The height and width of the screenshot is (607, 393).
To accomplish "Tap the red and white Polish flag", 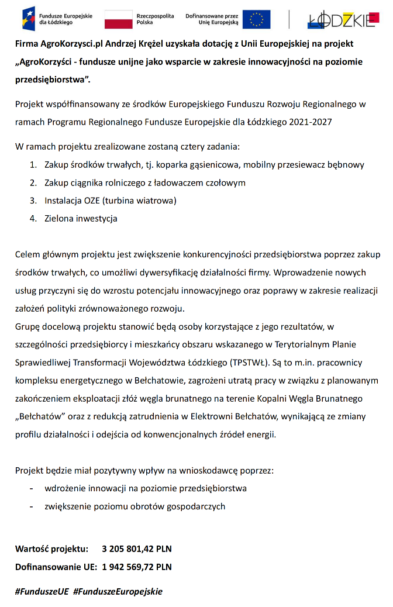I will (118, 19).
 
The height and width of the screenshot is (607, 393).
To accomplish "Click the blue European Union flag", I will (256, 19).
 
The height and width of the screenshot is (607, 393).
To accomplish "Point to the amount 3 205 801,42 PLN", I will (137, 549).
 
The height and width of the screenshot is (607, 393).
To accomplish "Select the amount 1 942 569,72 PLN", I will (137, 567).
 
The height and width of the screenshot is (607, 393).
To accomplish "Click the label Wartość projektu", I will (51, 549).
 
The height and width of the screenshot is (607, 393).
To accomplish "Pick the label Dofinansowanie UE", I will (56, 567).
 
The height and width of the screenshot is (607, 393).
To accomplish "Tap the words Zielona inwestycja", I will (81, 219).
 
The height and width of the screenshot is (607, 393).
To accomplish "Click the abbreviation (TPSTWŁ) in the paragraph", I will (249, 363).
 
